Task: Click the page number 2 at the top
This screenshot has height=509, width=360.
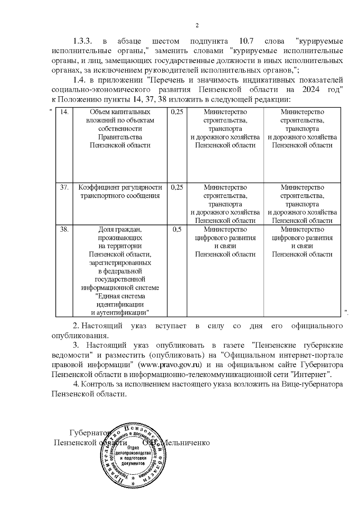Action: pos(197,26)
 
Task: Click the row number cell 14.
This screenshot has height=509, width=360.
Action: pos(64,112)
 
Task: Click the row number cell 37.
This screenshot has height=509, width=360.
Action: pos(64,187)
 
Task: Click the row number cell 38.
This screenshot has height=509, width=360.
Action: pos(64,229)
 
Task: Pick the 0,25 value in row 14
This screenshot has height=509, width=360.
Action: pos(177,112)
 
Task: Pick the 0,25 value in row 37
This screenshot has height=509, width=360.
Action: pos(177,187)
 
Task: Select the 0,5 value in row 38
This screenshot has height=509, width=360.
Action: pos(177,229)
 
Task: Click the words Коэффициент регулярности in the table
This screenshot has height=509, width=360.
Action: pos(120,187)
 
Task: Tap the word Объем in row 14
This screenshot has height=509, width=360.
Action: pos(98,112)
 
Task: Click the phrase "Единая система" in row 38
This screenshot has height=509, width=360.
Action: pos(120,296)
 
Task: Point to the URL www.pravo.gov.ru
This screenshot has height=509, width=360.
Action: pos(169,365)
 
